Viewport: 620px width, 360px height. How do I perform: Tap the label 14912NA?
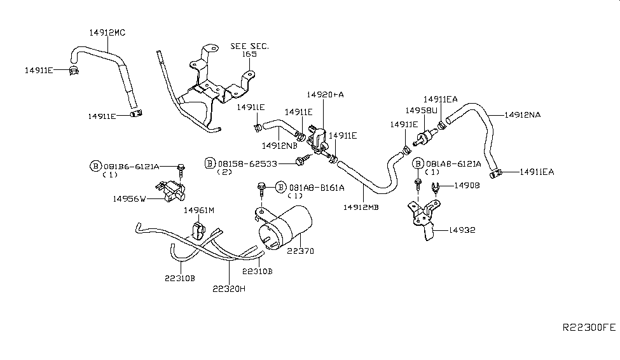coord(523,115)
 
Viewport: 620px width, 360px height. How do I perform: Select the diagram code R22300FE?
coord(589,328)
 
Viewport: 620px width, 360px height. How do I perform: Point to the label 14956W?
coord(130,198)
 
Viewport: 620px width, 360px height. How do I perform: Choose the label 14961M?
coord(199,210)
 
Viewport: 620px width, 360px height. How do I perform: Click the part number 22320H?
coord(230,287)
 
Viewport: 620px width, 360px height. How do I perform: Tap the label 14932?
coord(462,230)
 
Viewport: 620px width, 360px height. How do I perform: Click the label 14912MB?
coord(361,207)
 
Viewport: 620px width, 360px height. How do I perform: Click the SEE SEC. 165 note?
coord(249,50)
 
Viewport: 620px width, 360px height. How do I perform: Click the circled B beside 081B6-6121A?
coord(95,166)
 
